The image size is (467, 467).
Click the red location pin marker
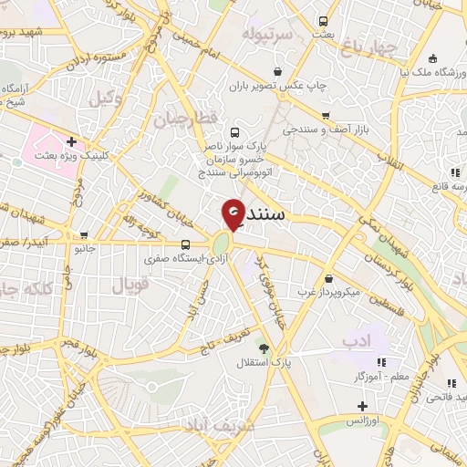pyautogui.click(x=233, y=213)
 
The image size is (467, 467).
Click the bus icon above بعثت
pyautogui.click(x=323, y=20)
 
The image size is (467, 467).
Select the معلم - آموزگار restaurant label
pyautogui.click(x=368, y=375)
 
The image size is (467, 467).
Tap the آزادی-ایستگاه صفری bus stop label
pyautogui.click(x=188, y=259)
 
